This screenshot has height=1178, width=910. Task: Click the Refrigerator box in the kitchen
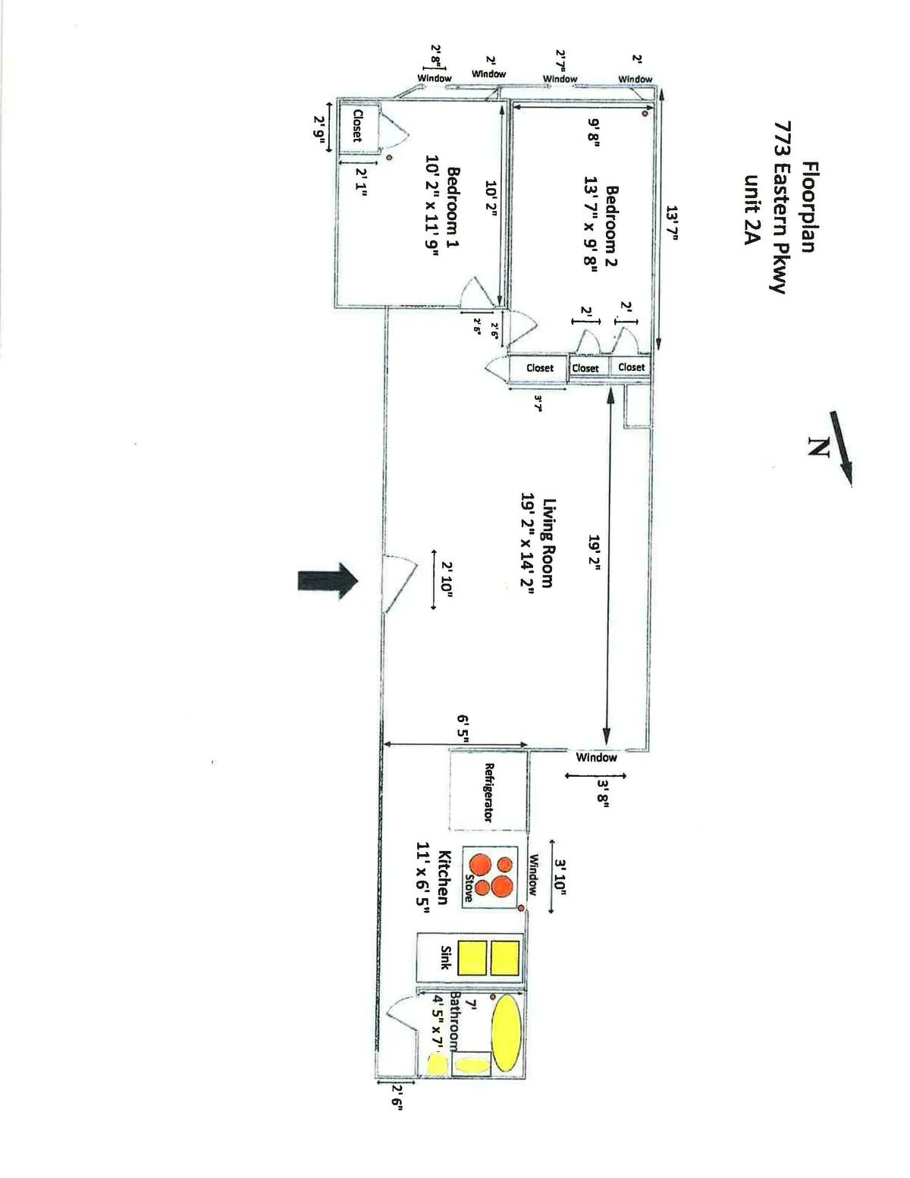pyautogui.click(x=489, y=790)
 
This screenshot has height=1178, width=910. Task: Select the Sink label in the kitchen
pyautogui.click(x=445, y=957)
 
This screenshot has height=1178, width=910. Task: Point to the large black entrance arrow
pyautogui.click(x=327, y=581)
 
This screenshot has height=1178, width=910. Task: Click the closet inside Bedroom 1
pyautogui.click(x=356, y=126)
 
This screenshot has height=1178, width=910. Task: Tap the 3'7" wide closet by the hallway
pyautogui.click(x=539, y=368)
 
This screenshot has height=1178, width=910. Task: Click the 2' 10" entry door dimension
pyautogui.click(x=447, y=582)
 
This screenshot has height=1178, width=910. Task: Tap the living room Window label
pyautogui.click(x=596, y=757)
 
